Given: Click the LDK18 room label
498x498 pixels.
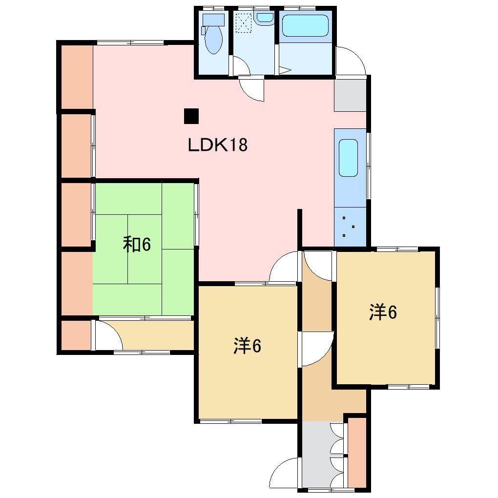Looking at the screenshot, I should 218,145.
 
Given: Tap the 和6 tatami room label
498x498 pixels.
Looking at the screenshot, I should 136,244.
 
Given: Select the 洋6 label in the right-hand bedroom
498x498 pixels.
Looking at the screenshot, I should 383,312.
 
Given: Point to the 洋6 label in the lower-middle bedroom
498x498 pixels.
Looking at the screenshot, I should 248,346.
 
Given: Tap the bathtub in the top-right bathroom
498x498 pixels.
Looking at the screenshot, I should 305,26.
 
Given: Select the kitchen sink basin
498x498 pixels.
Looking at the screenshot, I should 348,158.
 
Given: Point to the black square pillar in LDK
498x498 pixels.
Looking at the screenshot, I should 191,116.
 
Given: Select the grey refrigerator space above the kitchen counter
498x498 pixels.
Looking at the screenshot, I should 350,95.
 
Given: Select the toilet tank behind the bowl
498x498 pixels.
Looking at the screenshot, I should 213,20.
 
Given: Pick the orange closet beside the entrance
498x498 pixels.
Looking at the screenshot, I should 357,451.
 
